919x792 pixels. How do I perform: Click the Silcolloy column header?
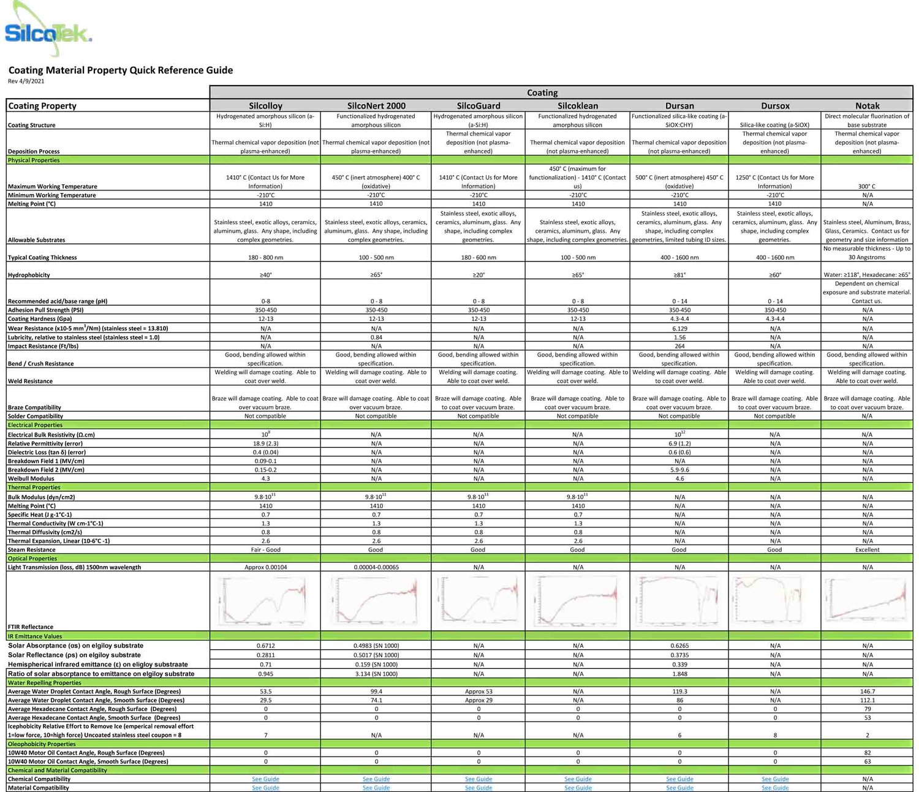tap(265, 105)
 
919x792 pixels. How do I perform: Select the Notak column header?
tap(867, 105)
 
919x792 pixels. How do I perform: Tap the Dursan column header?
tap(679, 105)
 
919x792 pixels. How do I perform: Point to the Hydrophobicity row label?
tap(29, 275)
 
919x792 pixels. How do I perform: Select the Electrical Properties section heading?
tap(35, 425)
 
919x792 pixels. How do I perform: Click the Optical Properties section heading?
tap(32, 559)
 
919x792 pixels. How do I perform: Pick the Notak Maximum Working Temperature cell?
tap(867, 186)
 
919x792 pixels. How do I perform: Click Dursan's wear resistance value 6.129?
tap(679, 328)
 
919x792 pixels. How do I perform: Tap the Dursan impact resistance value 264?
tap(679, 346)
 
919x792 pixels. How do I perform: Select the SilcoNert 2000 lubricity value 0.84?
tap(376, 338)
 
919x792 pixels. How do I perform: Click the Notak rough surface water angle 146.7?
tap(867, 691)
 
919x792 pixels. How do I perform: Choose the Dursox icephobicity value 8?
tap(775, 735)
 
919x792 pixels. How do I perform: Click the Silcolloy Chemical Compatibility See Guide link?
tap(265, 779)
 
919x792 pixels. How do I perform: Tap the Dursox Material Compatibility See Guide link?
tap(775, 788)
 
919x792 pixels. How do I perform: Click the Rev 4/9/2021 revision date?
tap(26, 81)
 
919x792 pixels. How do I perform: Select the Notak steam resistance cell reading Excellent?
tap(867, 549)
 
